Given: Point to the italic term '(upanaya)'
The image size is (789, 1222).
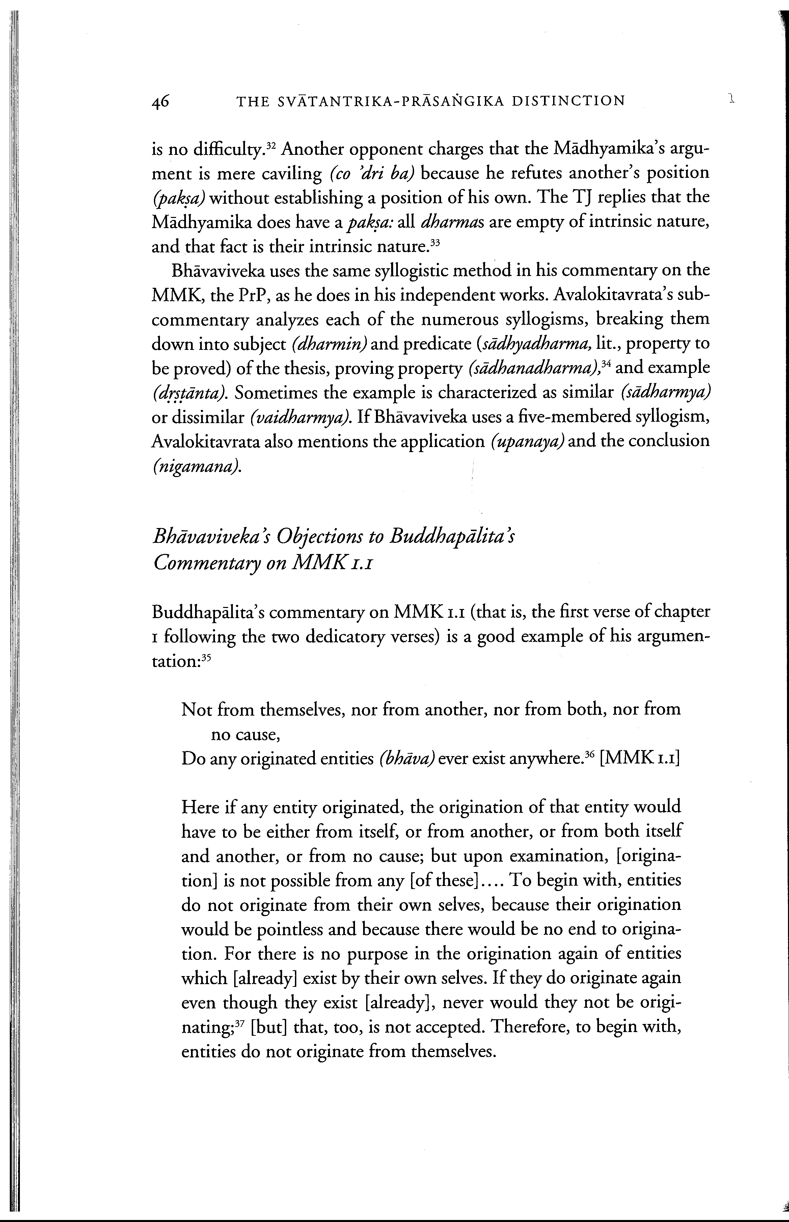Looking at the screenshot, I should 527,442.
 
